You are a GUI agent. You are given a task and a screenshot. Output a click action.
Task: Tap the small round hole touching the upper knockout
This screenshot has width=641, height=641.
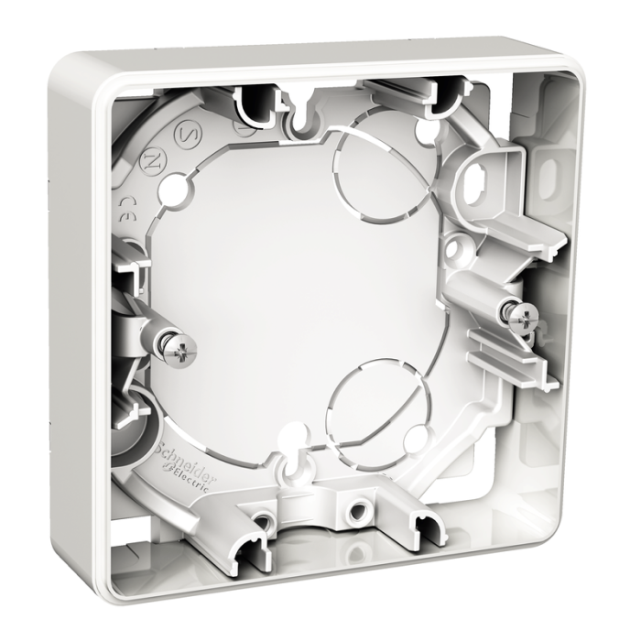pos(420,131)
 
